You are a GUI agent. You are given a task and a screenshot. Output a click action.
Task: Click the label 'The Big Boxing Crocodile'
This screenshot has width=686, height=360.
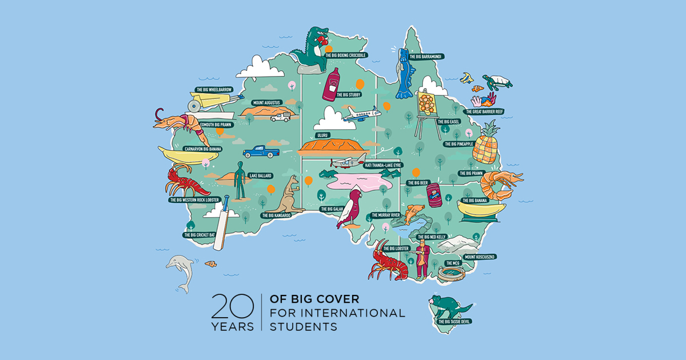point(345,55)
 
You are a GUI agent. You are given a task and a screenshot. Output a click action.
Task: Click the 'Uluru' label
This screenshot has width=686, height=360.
point(322,136)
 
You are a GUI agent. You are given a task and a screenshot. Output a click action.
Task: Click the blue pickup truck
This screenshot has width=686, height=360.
point(260,151)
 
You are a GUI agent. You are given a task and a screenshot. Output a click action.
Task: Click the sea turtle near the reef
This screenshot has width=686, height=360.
point(496,81)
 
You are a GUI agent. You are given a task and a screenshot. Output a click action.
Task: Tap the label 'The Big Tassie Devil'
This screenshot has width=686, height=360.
point(455,322)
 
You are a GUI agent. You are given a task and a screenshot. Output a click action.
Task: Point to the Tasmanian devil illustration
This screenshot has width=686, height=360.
point(449,306)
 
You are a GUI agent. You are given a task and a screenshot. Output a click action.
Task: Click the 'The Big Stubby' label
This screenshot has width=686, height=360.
point(348,95)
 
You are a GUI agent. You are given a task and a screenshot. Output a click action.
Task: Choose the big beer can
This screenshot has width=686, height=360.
point(436,195)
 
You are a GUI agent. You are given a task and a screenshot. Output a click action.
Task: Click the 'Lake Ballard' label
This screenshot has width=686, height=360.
point(260,175)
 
